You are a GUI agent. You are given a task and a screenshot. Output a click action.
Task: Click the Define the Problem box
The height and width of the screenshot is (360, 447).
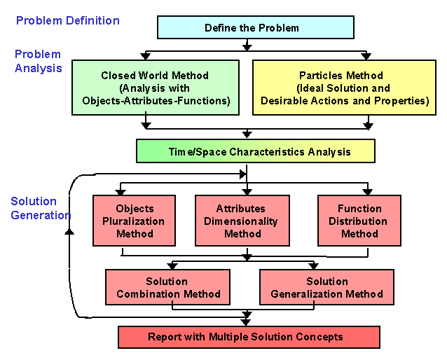click(x=256, y=27)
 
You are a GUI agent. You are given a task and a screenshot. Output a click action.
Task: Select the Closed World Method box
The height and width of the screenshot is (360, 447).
click(x=156, y=88)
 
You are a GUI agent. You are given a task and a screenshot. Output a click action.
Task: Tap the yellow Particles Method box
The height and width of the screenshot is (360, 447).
click(x=345, y=88)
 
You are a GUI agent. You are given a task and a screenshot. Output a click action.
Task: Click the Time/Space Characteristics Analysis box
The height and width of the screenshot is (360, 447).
click(x=256, y=151)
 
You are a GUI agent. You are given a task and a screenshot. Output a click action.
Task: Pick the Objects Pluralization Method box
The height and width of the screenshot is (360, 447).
click(x=135, y=221)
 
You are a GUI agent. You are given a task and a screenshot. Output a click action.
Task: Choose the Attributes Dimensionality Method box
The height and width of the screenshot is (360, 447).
click(x=242, y=221)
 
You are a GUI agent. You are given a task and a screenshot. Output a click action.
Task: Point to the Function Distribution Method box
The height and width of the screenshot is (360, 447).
click(x=359, y=221)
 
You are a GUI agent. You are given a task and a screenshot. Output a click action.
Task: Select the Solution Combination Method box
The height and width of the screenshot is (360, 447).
click(x=167, y=287)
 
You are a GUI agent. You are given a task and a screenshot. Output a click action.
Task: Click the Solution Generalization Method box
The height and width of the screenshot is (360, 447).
click(x=326, y=287)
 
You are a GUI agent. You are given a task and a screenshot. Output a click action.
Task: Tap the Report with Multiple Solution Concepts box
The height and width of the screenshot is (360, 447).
click(x=249, y=337)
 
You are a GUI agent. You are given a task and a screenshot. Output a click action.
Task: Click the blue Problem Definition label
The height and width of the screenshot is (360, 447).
click(x=68, y=20)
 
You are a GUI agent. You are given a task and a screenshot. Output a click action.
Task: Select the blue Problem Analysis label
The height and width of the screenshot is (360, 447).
click(x=39, y=61)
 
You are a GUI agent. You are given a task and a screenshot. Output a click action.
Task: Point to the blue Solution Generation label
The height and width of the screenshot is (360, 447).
click(x=41, y=208)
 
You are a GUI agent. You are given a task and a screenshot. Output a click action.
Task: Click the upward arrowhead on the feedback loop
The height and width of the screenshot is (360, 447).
click(x=69, y=231)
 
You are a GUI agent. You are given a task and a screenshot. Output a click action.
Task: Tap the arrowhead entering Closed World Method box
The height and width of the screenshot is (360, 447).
click(x=146, y=55)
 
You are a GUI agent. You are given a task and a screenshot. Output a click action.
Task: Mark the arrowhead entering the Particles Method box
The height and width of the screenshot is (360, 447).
click(x=366, y=55)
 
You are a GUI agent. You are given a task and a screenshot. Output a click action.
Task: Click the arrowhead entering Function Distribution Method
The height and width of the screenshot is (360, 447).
click(x=368, y=191)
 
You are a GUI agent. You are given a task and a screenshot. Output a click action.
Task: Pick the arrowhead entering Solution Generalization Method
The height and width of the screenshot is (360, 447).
click(x=314, y=266)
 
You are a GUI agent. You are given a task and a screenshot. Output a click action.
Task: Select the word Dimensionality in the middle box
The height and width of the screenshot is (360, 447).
click(x=241, y=221)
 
